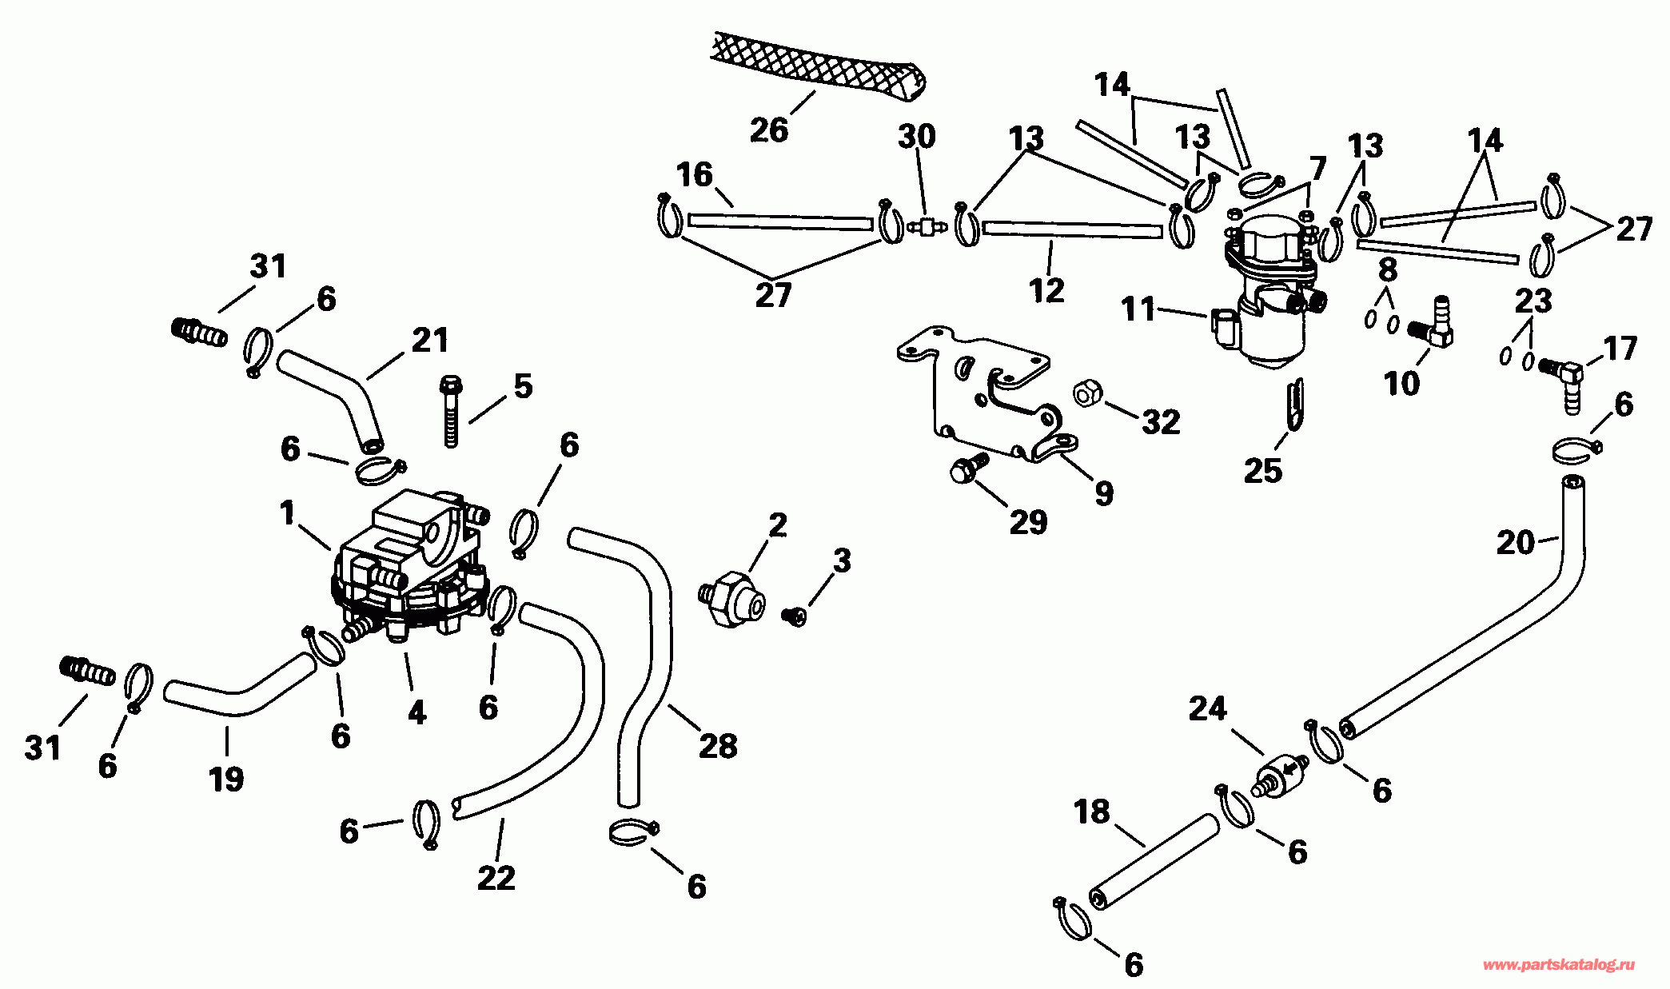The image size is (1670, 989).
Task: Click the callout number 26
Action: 768,130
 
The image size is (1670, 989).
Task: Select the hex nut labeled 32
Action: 1087,393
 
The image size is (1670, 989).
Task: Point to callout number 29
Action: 1028,522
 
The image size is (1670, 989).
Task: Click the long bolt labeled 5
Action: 451,411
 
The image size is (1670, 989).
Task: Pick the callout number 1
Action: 288,513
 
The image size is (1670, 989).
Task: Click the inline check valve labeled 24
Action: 1279,774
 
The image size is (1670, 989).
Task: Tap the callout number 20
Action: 1515,543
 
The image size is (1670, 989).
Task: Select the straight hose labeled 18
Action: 1154,862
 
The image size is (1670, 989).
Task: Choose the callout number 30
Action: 916,137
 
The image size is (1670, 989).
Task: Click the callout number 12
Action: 1047,290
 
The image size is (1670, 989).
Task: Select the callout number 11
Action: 1138,309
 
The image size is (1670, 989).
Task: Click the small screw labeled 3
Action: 795,615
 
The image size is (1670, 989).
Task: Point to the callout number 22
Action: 496,878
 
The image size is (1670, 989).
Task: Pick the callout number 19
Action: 226,778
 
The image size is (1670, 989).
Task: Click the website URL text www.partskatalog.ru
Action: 1558,965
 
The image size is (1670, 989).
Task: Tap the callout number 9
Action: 1103,493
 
